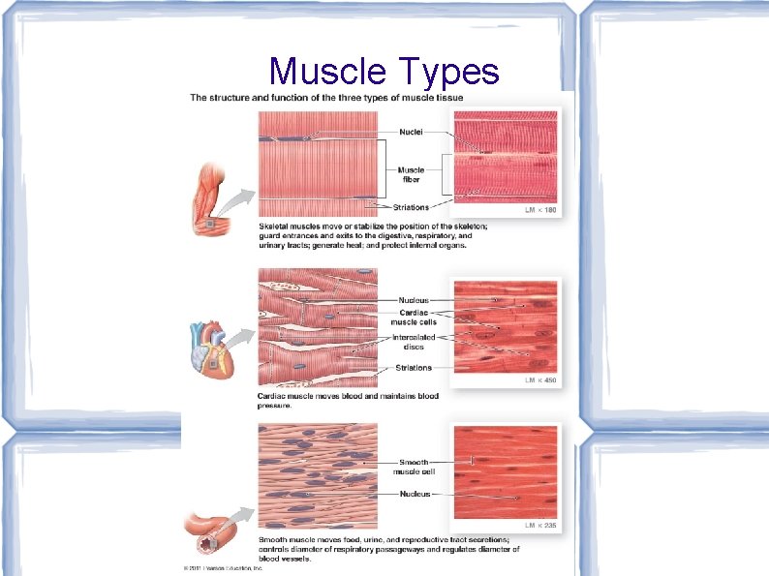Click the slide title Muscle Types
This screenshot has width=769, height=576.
[x=384, y=71]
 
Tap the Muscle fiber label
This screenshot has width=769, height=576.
[x=411, y=175]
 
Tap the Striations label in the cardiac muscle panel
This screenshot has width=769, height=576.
[x=414, y=368]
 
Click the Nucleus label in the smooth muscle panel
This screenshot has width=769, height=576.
[x=415, y=494]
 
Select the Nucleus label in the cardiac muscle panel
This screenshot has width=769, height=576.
[x=414, y=301]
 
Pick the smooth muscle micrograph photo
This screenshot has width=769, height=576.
[x=507, y=472]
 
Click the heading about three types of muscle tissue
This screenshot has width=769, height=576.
[x=326, y=98]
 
